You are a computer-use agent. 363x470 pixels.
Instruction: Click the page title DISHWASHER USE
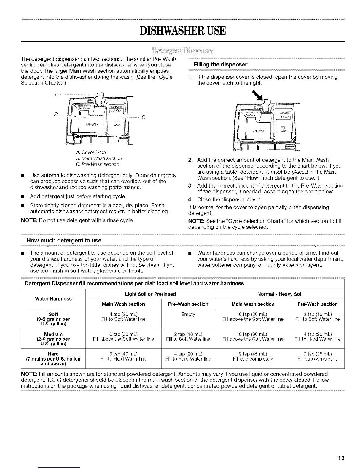pyautogui.click(x=181, y=31)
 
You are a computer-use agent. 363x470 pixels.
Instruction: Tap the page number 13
pyautogui.click(x=341, y=458)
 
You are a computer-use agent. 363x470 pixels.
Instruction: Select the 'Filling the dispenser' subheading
pyautogui.click(x=220, y=65)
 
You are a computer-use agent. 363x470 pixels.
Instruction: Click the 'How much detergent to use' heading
pyautogui.click(x=64, y=240)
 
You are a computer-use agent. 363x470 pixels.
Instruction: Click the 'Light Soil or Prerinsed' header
pyautogui.click(x=150, y=294)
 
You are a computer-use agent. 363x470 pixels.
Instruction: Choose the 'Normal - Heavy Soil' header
pyautogui.click(x=280, y=294)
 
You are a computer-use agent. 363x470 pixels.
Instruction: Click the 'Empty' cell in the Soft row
pyautogui.click(x=188, y=314)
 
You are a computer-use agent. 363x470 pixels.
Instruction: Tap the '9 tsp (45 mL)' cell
pyautogui.click(x=253, y=354)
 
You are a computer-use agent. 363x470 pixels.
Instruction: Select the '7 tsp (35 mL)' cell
pyautogui.click(x=318, y=354)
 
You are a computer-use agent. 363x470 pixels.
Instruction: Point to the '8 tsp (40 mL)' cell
pyautogui.click(x=123, y=354)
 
